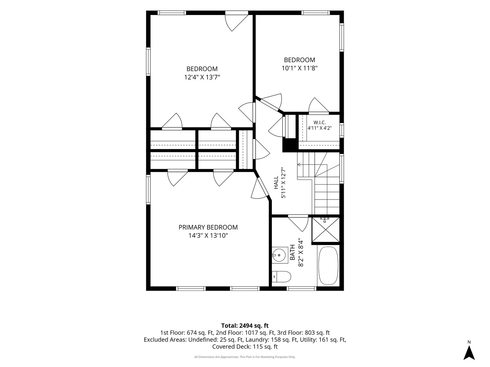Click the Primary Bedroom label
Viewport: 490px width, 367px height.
tap(208, 227)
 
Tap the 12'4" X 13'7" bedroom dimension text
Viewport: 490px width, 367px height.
tap(202, 77)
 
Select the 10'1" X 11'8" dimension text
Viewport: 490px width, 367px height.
tap(299, 68)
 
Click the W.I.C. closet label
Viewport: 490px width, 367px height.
tap(320, 122)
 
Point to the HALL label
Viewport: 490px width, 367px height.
tap(276, 183)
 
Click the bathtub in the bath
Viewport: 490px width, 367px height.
tap(328, 265)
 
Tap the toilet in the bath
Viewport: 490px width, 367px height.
tap(281, 277)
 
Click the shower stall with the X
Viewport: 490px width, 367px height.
tap(326, 229)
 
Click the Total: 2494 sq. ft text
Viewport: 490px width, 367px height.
tap(245, 326)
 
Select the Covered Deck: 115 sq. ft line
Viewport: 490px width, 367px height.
tap(245, 347)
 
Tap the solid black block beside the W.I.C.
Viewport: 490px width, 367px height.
tap(290, 145)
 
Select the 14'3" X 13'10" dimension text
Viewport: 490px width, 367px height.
tap(208, 235)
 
